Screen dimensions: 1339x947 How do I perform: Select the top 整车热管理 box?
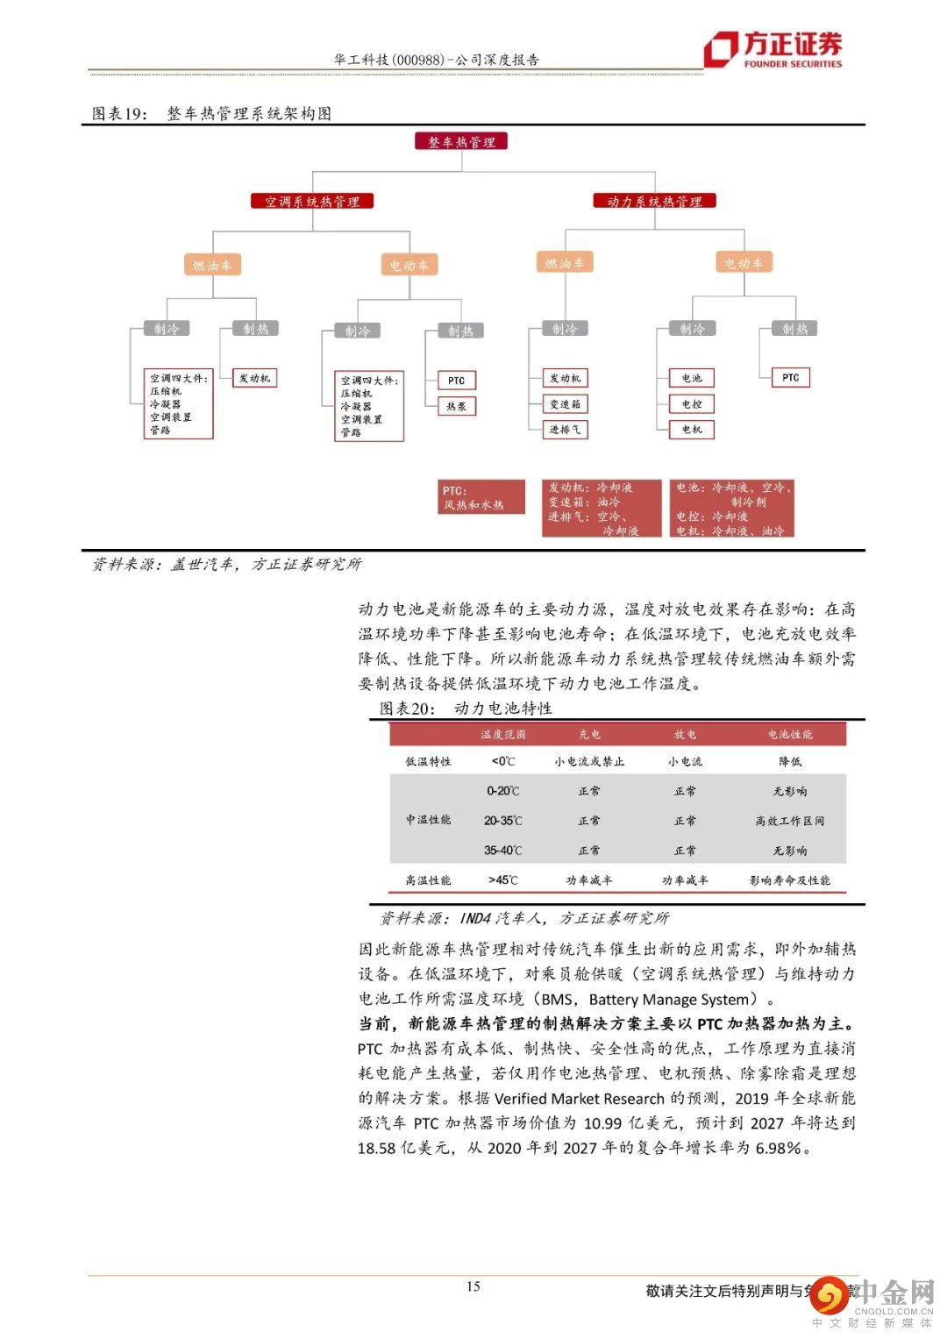(461, 142)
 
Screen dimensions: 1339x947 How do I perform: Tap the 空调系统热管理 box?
(312, 202)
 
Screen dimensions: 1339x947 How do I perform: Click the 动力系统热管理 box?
(654, 201)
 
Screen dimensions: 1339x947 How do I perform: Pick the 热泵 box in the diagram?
(456, 407)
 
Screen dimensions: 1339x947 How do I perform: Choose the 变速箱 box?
(565, 404)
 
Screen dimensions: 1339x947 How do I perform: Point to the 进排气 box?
(565, 430)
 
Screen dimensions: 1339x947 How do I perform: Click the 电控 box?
(692, 404)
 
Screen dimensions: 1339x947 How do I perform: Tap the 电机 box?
(692, 430)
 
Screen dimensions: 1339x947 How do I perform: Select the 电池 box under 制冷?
(692, 378)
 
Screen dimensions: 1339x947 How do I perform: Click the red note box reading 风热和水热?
(482, 498)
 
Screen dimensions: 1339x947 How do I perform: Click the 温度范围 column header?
(503, 735)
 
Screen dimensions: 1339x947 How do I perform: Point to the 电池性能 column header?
(790, 735)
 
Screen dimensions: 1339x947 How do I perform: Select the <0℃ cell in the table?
(503, 761)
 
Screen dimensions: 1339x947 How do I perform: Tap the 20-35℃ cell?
(503, 821)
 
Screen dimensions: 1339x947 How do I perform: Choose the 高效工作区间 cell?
(790, 821)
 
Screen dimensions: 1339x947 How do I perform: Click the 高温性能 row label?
(428, 880)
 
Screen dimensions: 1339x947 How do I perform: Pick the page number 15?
(473, 1286)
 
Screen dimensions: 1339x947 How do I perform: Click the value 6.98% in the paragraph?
(782, 1148)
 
